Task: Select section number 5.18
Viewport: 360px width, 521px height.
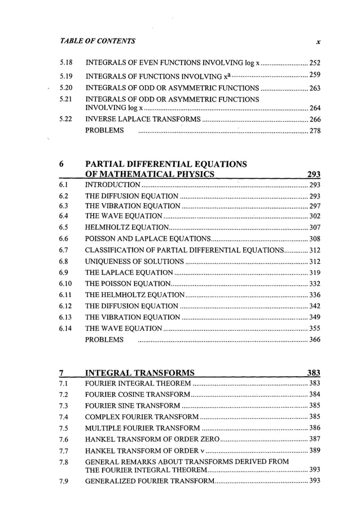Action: pos(67,63)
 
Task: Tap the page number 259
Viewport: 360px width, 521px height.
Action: pos(315,76)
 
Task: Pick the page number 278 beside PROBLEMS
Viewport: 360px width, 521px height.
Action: pos(315,131)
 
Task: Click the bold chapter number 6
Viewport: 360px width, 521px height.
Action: pos(61,164)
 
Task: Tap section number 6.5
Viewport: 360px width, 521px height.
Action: pos(64,227)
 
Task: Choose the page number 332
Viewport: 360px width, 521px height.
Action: pos(315,284)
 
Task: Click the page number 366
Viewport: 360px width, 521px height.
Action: pos(315,340)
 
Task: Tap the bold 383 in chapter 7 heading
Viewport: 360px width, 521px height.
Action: pos(313,373)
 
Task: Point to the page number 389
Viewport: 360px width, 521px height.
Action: pos(315,451)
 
